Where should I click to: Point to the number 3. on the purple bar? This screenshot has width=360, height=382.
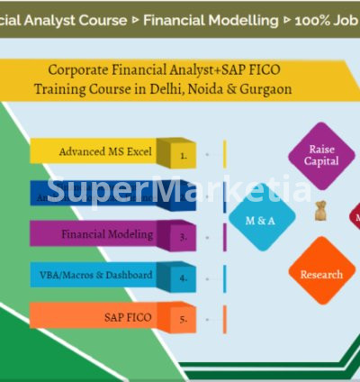coord(183,237)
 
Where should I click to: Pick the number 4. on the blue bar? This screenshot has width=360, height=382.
coord(183,278)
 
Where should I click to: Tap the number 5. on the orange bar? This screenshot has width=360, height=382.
coord(183,319)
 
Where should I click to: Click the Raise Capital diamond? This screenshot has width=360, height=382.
coord(322,155)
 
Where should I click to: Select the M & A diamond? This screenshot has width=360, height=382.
coord(260,219)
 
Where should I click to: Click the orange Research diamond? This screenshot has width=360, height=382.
coord(321,274)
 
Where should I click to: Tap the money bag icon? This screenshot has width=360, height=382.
coord(319,213)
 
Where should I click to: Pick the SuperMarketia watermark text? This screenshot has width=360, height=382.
coord(179,190)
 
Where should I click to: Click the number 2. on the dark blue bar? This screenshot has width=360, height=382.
coord(183,196)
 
